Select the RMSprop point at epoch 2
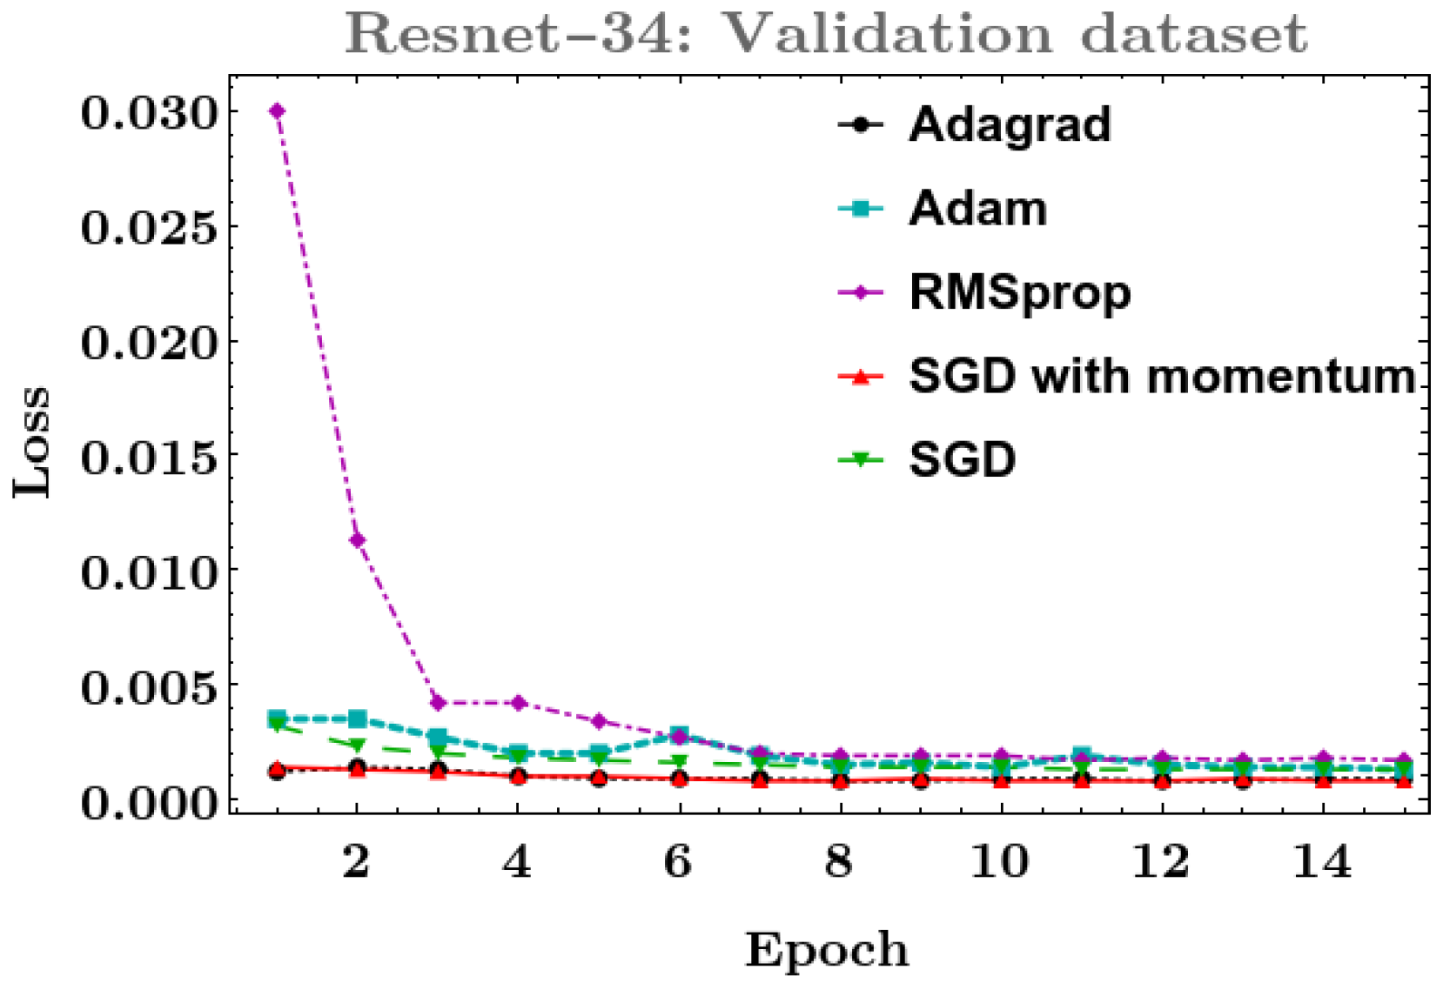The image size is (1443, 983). point(357,540)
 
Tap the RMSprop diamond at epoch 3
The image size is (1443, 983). point(438,702)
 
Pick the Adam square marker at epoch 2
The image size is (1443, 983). point(357,719)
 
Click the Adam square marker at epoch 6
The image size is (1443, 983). point(680,735)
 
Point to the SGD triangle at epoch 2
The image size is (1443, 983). point(357,745)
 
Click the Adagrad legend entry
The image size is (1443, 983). point(1010,124)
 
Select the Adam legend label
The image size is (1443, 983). point(977,209)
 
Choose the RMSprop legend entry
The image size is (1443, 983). point(1019,292)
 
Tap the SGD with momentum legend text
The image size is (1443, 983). point(1162,377)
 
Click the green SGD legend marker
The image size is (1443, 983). point(861,459)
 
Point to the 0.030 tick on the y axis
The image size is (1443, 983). point(148,112)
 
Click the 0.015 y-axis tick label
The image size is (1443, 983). point(148,457)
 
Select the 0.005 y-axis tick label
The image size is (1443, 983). point(148,687)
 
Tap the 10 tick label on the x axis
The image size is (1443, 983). point(1000,861)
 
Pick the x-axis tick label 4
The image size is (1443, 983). point(518,861)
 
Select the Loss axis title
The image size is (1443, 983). point(32,442)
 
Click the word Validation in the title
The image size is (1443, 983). point(888,35)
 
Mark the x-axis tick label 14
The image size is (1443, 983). point(1322,861)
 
